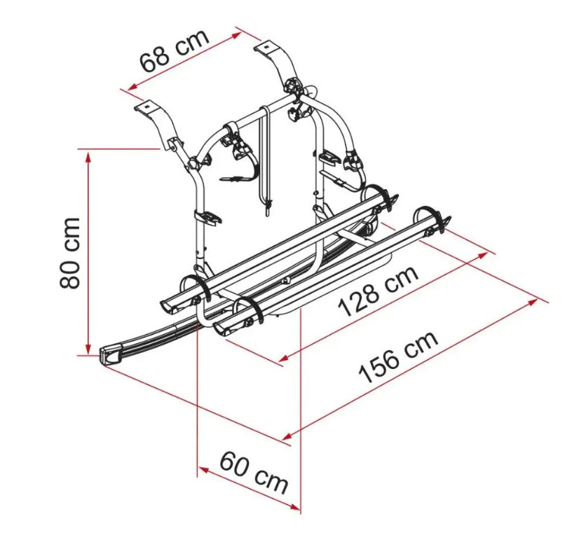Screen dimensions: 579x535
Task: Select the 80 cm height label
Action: [x=69, y=253]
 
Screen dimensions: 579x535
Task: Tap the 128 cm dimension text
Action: [x=378, y=291]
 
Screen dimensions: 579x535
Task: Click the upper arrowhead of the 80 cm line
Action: [x=88, y=157]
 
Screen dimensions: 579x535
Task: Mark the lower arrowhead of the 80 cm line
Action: [x=88, y=348]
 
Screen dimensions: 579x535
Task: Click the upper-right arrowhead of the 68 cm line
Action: [x=237, y=35]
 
